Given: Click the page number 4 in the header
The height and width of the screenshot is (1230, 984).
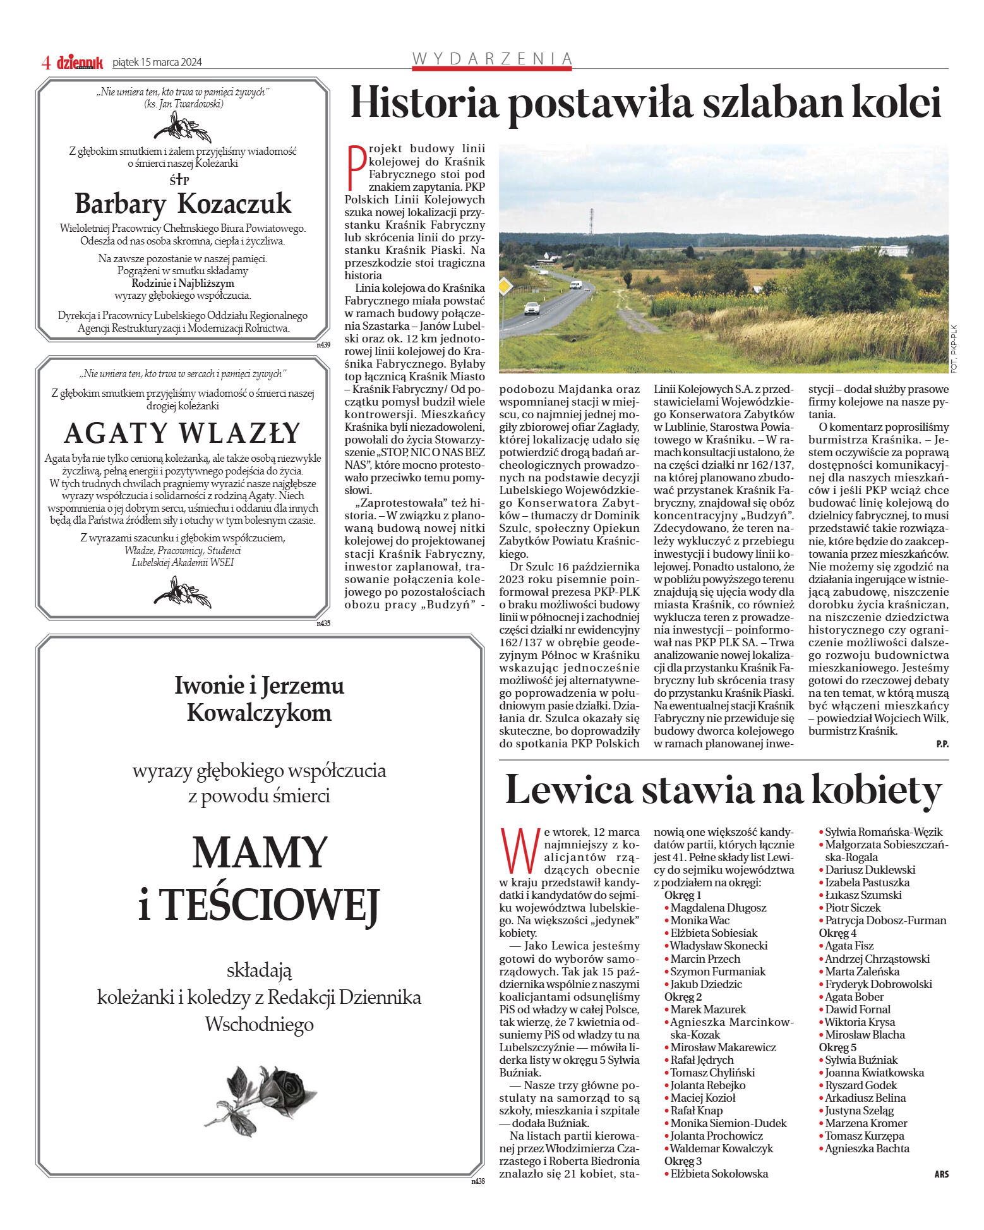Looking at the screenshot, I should point(45,63).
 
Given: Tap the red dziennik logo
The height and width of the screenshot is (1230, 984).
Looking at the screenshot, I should point(80,63).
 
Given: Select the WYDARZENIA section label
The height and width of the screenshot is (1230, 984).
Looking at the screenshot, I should point(492,59).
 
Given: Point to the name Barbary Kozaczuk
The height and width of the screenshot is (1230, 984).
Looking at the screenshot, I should point(183,203).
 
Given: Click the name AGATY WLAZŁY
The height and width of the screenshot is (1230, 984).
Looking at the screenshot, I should point(183,433).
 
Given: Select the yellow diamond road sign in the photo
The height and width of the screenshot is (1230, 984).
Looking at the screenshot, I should point(505,286).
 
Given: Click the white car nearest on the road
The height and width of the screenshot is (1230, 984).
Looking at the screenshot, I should point(532,308).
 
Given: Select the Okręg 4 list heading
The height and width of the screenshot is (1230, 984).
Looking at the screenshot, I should point(837,933).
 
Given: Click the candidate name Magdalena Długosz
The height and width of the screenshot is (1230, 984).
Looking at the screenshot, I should point(718,908).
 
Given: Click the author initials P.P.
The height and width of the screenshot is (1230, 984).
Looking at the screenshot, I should point(942,744).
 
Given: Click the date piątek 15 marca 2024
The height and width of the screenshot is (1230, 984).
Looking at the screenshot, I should point(157,63).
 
